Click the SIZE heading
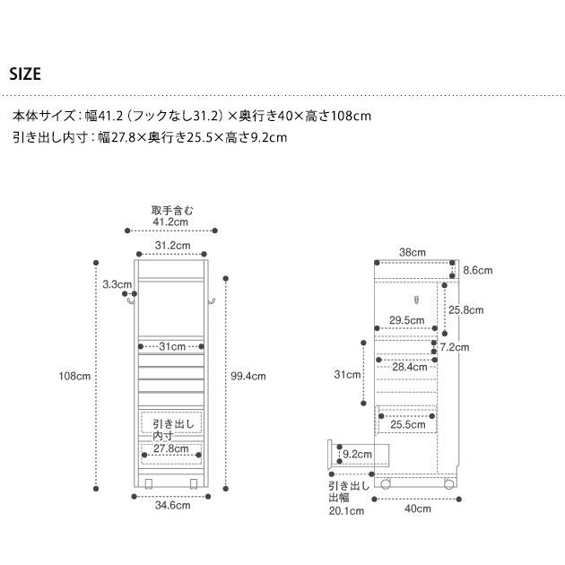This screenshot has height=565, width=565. [25, 74]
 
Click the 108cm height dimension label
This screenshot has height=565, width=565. [74, 376]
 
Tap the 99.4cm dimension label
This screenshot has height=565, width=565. [248, 376]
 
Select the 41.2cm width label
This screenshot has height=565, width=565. [170, 222]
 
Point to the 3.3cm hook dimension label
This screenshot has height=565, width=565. [117, 284]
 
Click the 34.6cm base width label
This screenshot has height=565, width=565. [172, 505]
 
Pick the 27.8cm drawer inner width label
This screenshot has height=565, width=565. [171, 448]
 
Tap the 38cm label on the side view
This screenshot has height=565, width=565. [413, 252]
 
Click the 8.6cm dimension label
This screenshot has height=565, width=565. [478, 270]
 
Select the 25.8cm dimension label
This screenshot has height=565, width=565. [466, 310]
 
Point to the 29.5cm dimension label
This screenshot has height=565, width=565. [407, 320]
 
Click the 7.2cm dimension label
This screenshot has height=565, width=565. [455, 347]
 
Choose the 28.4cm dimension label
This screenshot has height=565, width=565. [410, 367]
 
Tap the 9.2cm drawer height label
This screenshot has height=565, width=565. [357, 454]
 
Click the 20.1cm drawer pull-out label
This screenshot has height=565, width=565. [346, 511]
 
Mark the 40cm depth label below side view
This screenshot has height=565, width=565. [418, 508]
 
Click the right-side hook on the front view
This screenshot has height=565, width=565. [212, 301]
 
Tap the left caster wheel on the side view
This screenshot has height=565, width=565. [386, 483]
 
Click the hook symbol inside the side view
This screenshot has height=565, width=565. [416, 300]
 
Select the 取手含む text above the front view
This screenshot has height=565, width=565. [172, 211]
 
